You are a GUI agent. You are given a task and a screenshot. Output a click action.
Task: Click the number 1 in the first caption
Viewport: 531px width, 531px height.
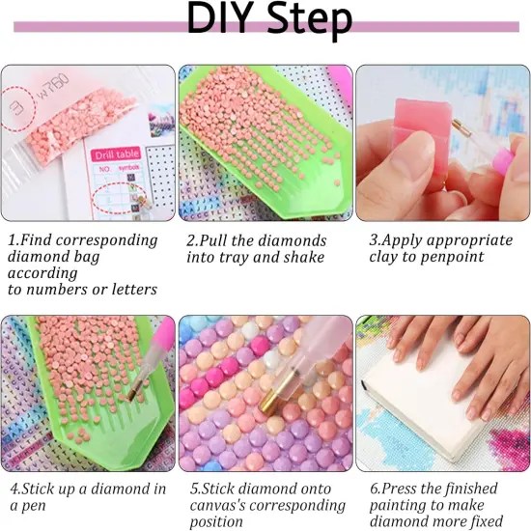[12, 239]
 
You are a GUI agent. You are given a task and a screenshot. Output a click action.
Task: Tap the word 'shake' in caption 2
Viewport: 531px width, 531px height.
[304, 257]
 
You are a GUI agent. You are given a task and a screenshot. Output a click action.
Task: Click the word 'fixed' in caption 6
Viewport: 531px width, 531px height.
[493, 524]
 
